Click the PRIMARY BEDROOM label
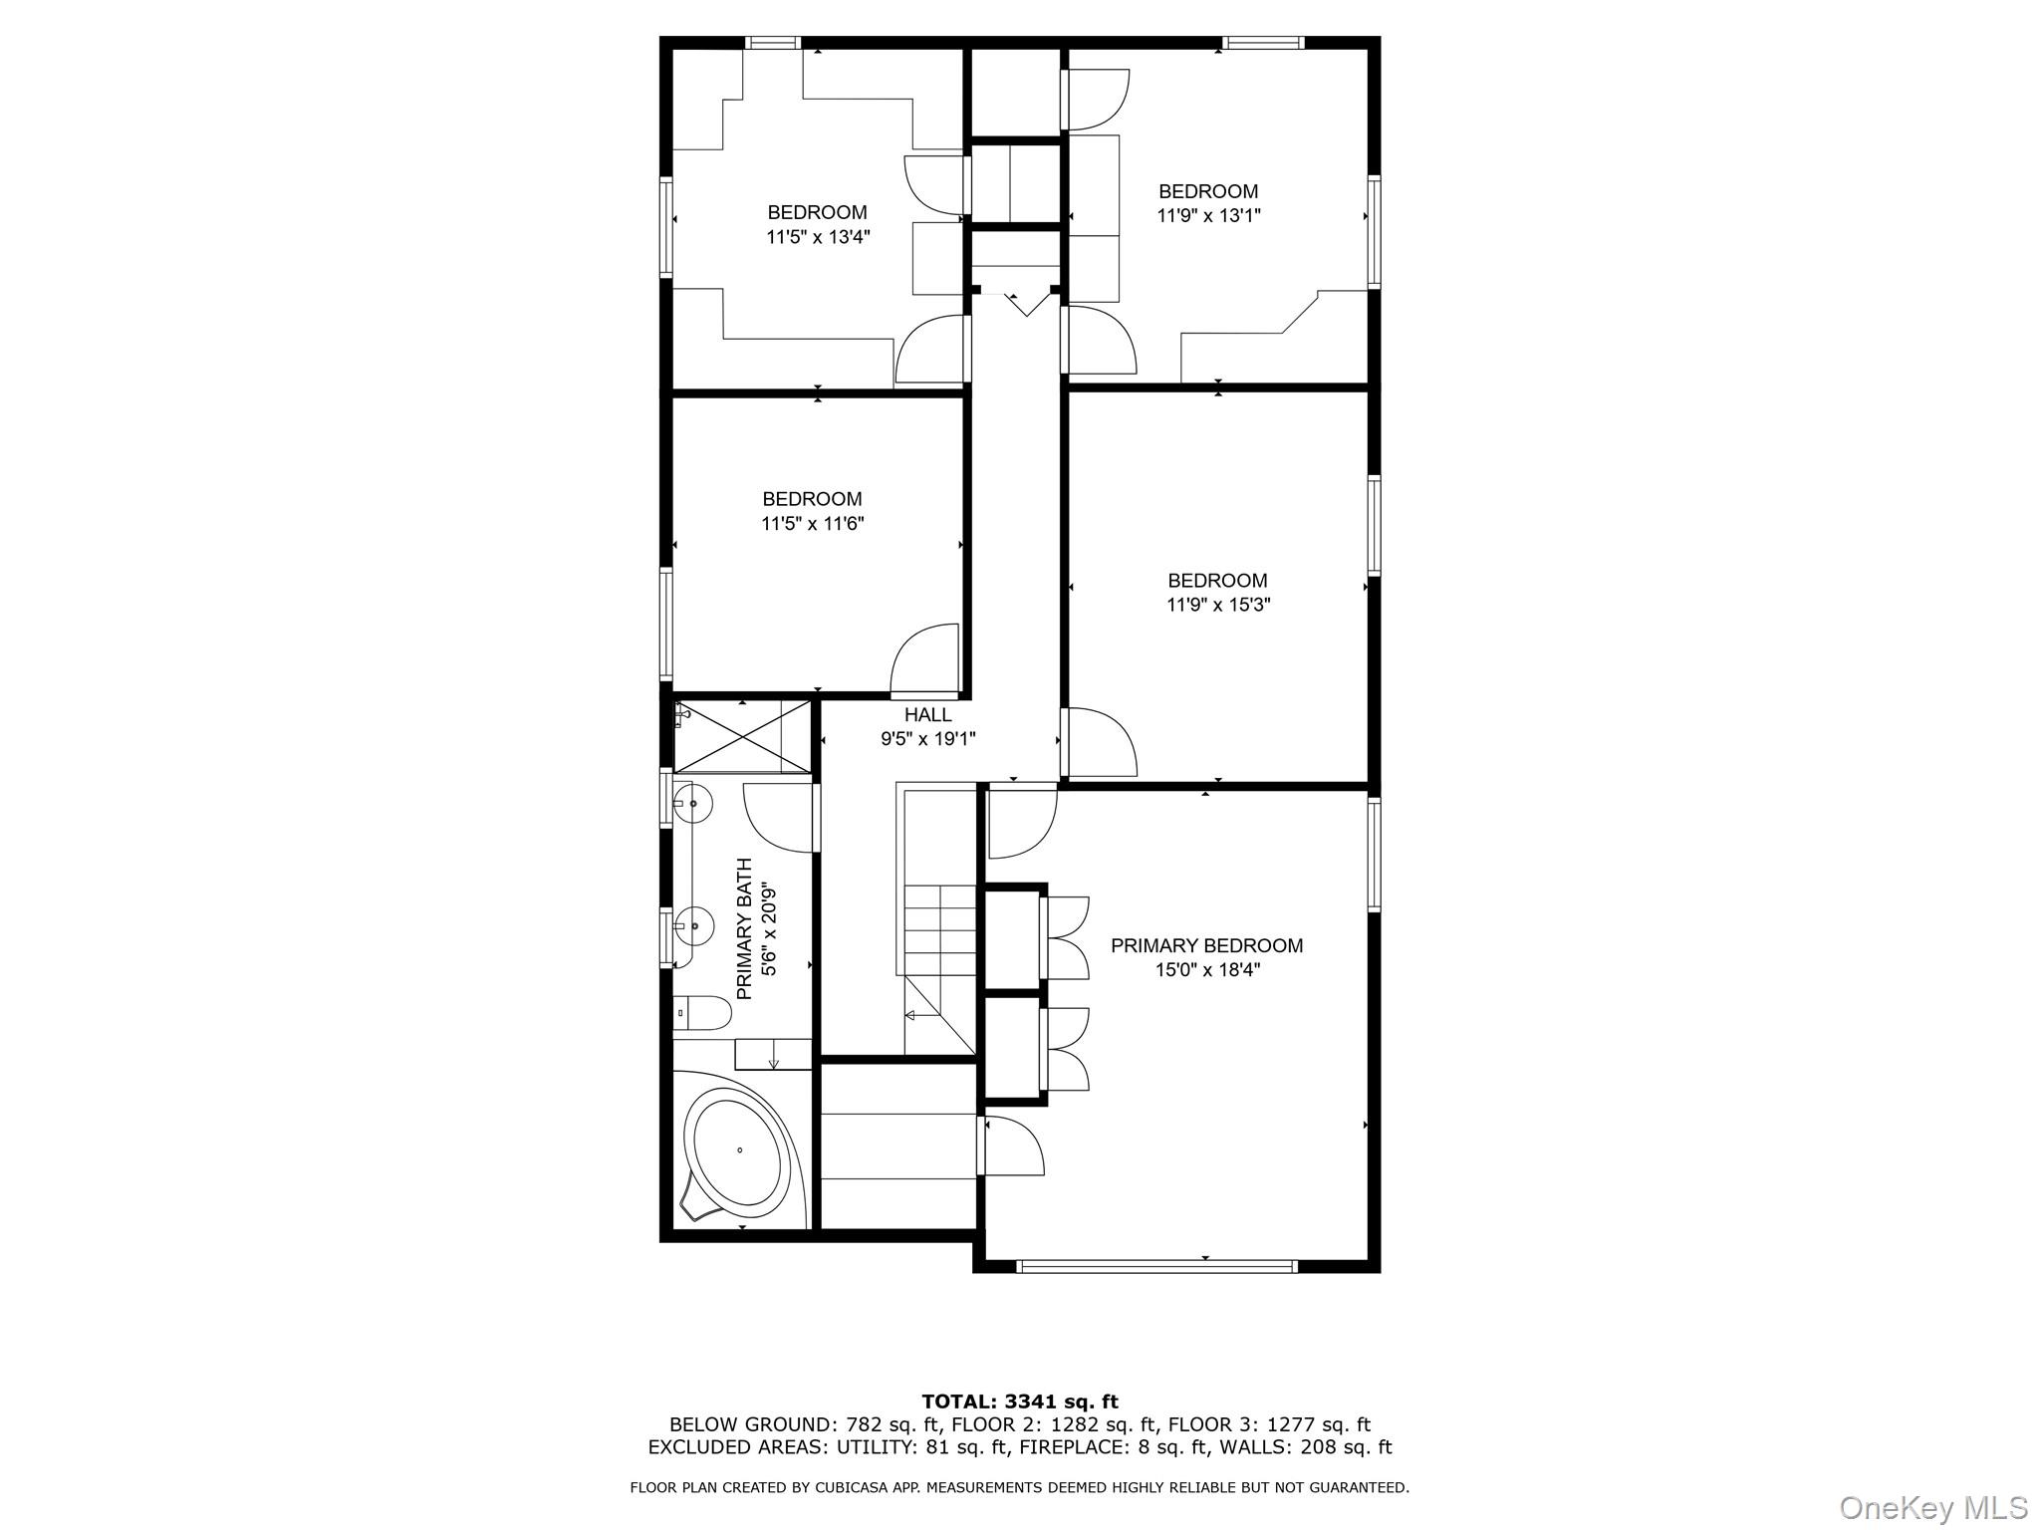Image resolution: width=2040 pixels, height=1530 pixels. (1206, 945)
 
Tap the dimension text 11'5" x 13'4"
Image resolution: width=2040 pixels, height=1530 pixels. (818, 237)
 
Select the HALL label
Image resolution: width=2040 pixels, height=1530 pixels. (927, 715)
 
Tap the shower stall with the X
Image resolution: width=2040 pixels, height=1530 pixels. (743, 736)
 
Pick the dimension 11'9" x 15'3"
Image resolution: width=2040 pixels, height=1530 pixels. (1218, 605)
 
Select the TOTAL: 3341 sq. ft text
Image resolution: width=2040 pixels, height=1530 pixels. (1019, 1402)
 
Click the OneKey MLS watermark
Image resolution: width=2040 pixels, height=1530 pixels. (1932, 1507)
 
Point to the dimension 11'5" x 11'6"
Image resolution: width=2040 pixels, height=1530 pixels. (812, 524)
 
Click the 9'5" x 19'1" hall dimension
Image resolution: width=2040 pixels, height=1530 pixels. (927, 739)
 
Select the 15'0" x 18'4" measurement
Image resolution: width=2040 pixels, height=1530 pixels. (1207, 970)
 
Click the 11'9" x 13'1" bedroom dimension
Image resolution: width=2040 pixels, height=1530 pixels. (1208, 215)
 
